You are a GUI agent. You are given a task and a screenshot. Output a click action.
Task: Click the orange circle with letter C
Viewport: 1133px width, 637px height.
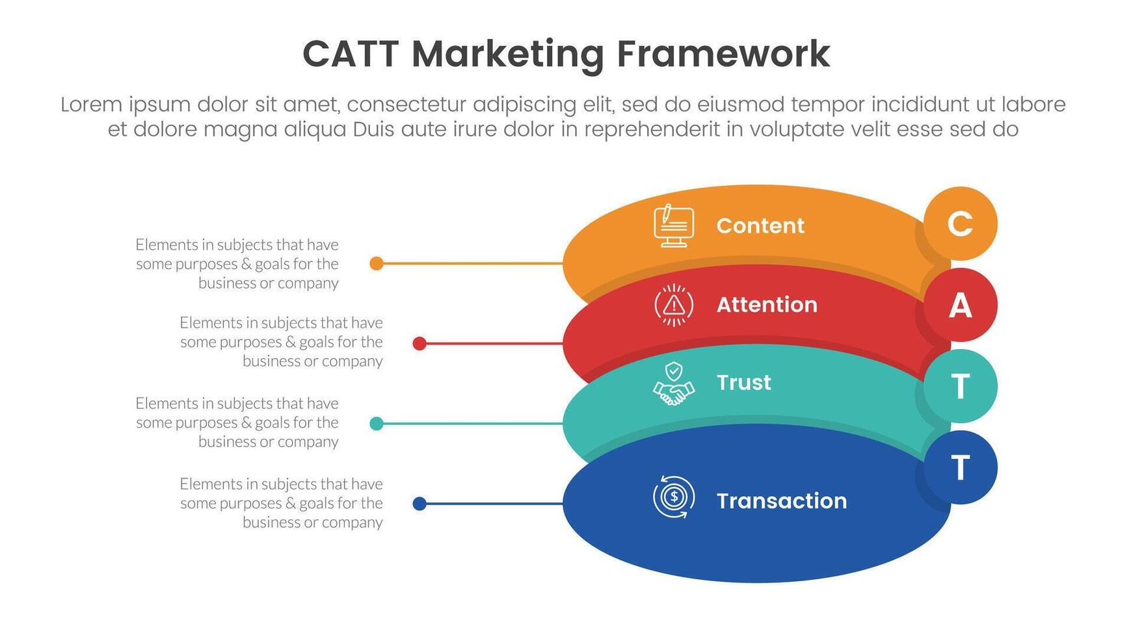(x=960, y=224)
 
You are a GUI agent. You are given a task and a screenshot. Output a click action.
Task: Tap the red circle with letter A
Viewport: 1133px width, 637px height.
(x=960, y=305)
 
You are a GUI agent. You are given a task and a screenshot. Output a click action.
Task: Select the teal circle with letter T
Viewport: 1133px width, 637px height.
(x=960, y=386)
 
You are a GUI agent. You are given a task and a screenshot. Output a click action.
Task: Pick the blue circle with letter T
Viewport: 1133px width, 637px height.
(x=960, y=467)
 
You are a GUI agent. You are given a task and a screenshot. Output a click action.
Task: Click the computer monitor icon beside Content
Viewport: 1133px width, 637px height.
(x=673, y=226)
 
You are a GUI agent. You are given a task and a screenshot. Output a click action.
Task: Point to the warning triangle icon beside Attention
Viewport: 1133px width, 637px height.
(x=674, y=304)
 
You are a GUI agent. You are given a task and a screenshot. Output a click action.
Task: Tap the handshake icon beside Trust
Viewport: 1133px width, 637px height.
(x=674, y=385)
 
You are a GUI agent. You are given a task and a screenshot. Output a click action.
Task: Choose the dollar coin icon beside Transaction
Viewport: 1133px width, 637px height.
(x=674, y=498)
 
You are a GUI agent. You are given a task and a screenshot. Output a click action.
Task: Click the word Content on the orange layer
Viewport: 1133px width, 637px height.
(x=760, y=226)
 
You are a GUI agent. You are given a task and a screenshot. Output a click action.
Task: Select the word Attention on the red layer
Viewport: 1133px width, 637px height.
(x=767, y=305)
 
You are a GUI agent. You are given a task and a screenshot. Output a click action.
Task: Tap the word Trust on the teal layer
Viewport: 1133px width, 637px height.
(x=743, y=382)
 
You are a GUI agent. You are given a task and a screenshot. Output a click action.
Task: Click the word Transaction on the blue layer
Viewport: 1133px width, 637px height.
(x=782, y=500)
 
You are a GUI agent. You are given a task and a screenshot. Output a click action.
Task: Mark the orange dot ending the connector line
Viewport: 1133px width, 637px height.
(x=376, y=263)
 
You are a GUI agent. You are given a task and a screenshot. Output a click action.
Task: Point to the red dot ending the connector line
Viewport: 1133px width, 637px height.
(x=420, y=343)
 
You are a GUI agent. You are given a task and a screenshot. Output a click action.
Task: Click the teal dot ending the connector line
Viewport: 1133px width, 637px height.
(x=376, y=424)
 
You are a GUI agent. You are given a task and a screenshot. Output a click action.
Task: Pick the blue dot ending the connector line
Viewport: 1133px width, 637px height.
(x=420, y=504)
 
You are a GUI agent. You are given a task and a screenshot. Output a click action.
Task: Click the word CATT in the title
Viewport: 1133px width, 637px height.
(x=351, y=54)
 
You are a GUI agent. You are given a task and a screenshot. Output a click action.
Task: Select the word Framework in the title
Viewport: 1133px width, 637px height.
(x=723, y=54)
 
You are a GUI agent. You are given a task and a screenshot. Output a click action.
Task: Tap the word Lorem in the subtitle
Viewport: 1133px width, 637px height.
(x=91, y=105)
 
